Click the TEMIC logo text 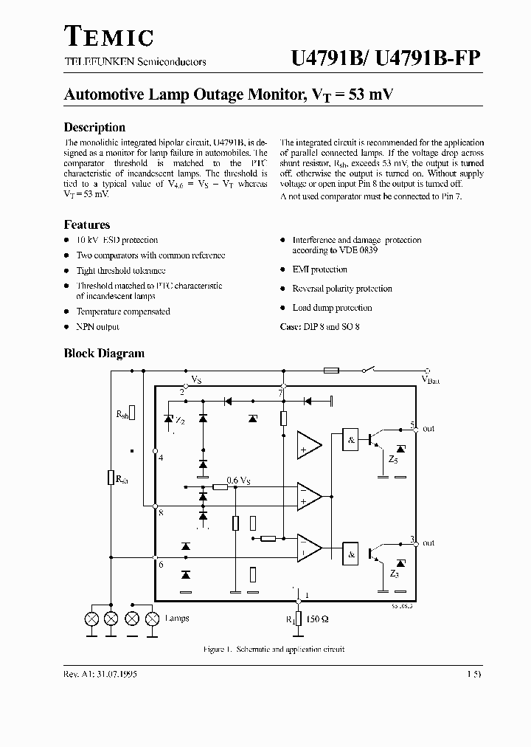click(x=108, y=35)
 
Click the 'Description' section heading click(x=94, y=127)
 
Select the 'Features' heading click(x=87, y=224)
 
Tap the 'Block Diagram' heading click(x=104, y=354)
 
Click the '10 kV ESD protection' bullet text click(x=117, y=240)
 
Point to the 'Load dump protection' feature click(x=332, y=308)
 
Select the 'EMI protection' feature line click(x=319, y=269)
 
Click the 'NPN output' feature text click(x=97, y=326)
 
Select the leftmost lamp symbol click(x=92, y=619)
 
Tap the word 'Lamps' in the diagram click(x=177, y=619)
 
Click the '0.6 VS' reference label click(x=238, y=481)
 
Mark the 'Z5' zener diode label click(x=393, y=459)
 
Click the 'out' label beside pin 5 click(x=428, y=429)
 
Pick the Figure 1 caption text click(x=274, y=650)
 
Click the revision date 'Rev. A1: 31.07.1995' click(x=100, y=675)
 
